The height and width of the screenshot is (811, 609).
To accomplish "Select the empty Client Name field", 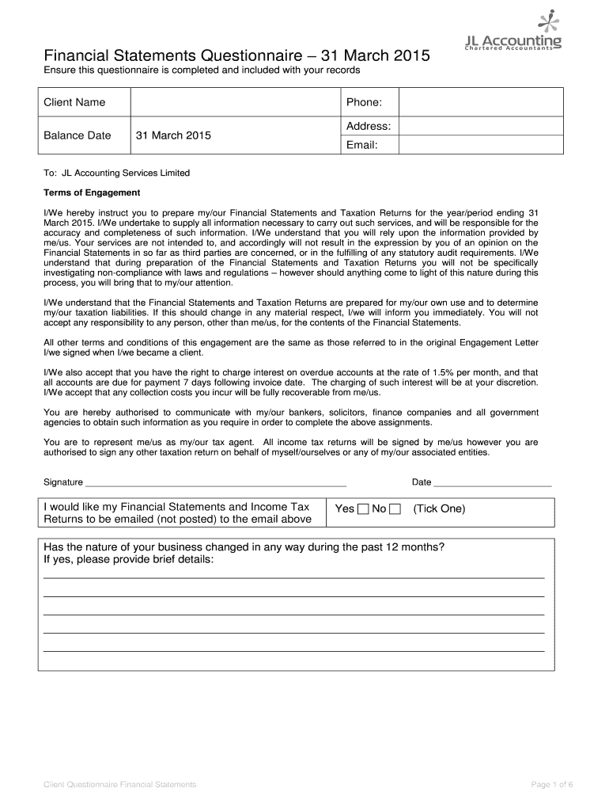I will [233, 102].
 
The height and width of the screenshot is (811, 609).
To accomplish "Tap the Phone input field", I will [480, 102].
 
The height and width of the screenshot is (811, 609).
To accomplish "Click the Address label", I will [368, 127].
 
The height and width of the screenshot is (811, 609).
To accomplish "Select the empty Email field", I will [480, 146].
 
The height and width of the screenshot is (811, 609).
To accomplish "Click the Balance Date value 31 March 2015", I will [173, 135].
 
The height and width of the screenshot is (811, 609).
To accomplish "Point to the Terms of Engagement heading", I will [92, 192].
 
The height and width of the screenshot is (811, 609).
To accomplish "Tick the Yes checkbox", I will [363, 509].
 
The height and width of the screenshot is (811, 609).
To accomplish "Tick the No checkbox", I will [395, 509].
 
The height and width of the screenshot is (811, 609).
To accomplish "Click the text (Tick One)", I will [439, 508].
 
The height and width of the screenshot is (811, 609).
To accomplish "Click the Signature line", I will [215, 482].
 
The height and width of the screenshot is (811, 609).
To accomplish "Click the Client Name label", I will [74, 102].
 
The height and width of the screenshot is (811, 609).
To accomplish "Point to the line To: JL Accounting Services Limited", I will [116, 173].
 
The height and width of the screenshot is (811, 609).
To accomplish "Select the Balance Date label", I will [78, 135].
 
